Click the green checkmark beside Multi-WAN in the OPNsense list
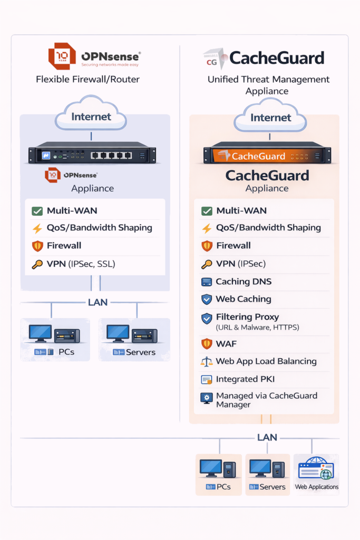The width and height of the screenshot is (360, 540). click(x=37, y=211)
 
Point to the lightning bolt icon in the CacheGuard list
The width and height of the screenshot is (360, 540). click(x=207, y=228)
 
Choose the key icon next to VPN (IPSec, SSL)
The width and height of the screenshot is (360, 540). click(x=37, y=264)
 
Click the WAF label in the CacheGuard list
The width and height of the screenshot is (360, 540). click(x=226, y=344)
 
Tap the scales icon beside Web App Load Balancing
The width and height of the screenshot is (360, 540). click(x=207, y=362)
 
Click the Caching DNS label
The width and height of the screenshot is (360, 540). click(x=244, y=282)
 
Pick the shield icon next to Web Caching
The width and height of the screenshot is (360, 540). click(x=207, y=300)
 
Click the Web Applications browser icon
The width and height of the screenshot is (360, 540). click(x=316, y=469)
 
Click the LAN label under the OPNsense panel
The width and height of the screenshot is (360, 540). click(x=98, y=302)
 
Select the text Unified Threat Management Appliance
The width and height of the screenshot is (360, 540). click(x=268, y=85)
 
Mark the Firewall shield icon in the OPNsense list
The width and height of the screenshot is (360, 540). click(x=37, y=246)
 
